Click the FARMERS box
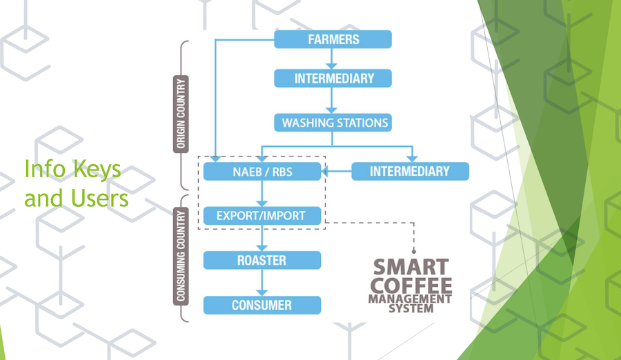tap(333, 39)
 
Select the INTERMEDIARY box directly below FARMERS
tap(333, 79)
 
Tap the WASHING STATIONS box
tap(333, 123)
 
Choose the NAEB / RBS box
tap(262, 172)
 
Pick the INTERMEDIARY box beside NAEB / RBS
tap(411, 172)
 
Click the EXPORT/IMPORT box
tap(262, 216)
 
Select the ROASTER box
tap(262, 260)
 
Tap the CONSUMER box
tap(262, 305)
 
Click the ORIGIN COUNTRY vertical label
tap(181, 114)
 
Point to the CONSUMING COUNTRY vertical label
tap(181, 256)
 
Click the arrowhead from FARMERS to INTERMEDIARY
tap(331, 66)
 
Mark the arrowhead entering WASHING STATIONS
tap(331, 110)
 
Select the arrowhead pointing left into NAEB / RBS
tap(325, 172)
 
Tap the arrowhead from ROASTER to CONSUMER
tap(262, 292)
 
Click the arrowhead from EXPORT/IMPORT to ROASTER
tap(262, 248)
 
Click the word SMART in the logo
tap(411, 267)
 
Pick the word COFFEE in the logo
tap(411, 286)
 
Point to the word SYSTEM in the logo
tap(411, 308)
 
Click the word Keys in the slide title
tap(97, 170)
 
